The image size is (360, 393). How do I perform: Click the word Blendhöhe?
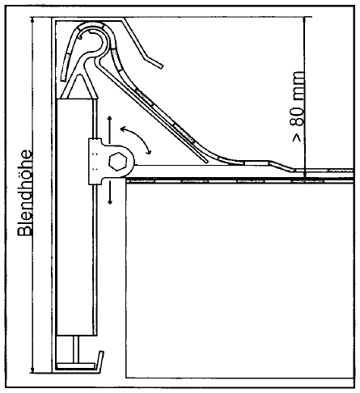[x=25, y=193]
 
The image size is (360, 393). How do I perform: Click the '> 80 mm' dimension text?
[x=297, y=107]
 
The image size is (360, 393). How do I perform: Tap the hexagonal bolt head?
[x=118, y=162]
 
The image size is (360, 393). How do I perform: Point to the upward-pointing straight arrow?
[x=109, y=129]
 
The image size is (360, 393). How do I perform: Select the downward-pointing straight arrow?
[x=110, y=192]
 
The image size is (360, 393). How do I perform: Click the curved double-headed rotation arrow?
[x=136, y=139]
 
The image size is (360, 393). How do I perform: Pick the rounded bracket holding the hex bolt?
[x=111, y=162]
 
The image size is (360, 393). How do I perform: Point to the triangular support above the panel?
[x=78, y=87]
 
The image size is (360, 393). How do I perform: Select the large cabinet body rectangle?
[x=240, y=279]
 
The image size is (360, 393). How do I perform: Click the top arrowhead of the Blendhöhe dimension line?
[x=32, y=19]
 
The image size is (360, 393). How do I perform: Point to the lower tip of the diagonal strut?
[x=206, y=162]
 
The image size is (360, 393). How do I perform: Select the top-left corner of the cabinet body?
[x=126, y=180]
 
